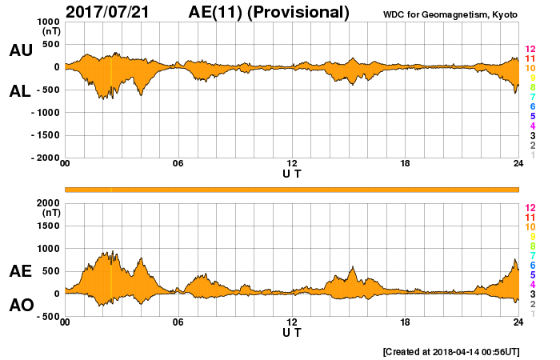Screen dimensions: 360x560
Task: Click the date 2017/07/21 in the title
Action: coord(117,12)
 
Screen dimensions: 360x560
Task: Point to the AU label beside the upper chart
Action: coord(21,50)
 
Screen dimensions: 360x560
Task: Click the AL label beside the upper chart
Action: coord(21,91)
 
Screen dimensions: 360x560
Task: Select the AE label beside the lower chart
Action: coord(21,271)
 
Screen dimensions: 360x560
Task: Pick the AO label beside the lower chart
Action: coord(21,306)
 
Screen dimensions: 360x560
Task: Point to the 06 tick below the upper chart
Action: coord(178,164)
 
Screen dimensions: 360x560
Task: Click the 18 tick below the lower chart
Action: coord(406,322)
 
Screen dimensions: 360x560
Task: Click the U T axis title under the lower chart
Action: coord(291,331)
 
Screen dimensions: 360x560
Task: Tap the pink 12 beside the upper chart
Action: coord(530,50)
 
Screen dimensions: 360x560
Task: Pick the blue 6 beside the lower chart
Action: coord(530,265)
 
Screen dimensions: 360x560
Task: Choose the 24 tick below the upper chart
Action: coord(518,164)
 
